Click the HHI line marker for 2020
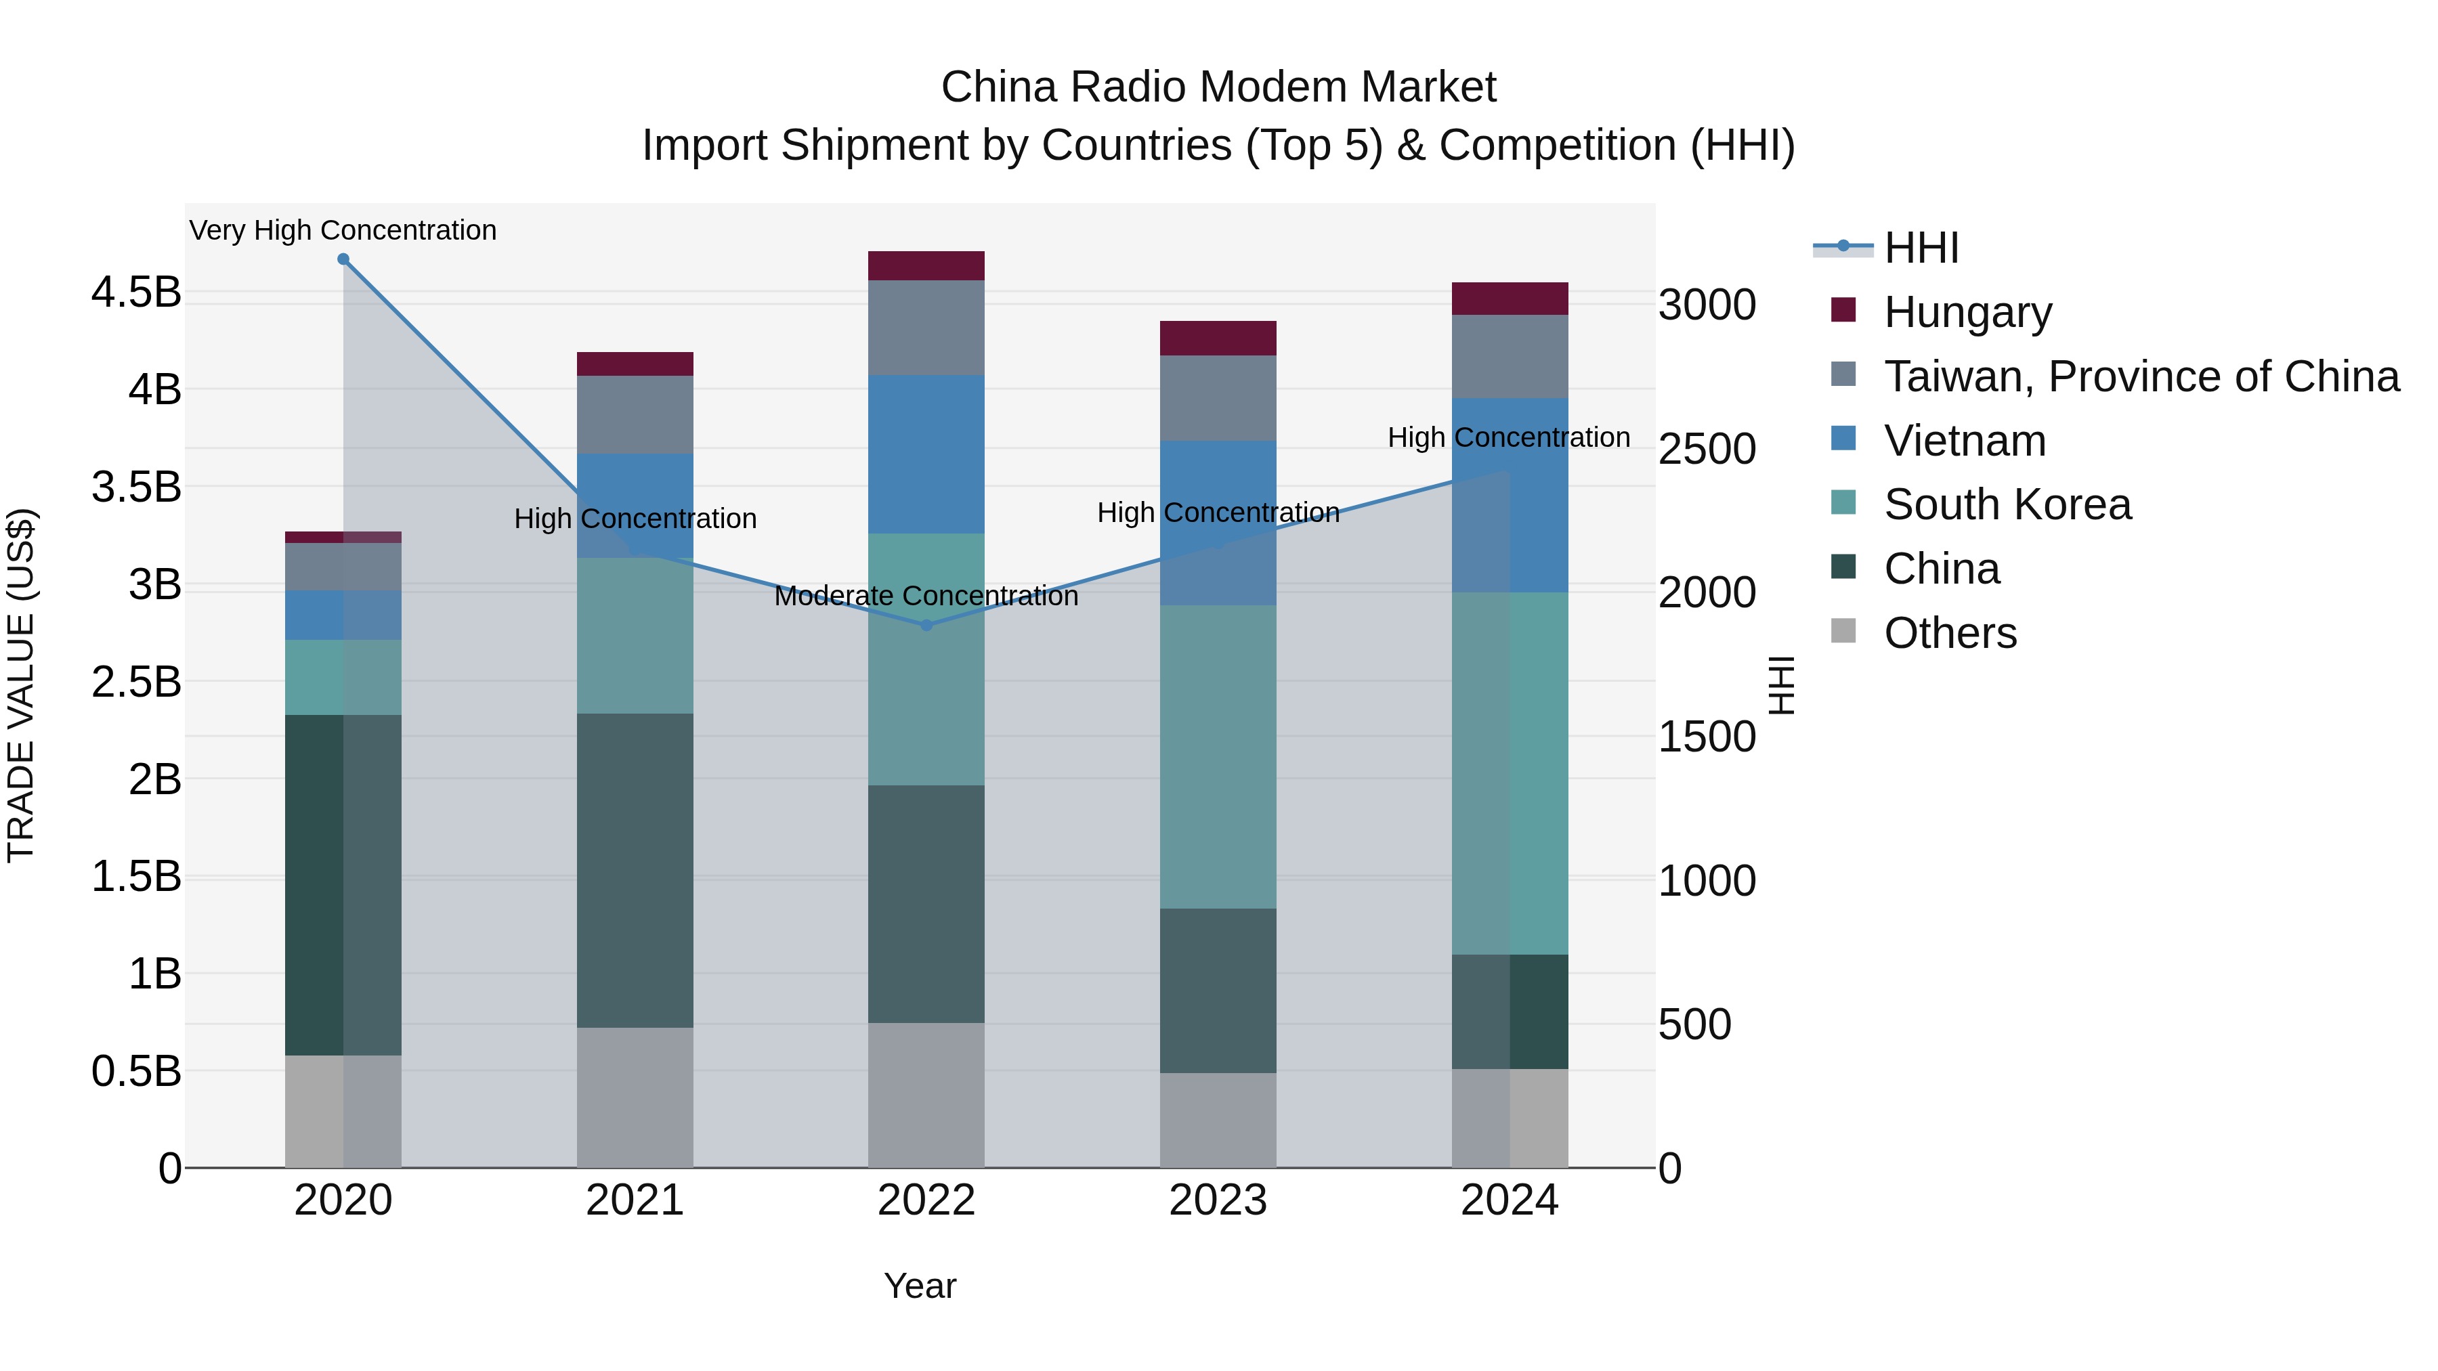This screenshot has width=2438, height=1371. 343,259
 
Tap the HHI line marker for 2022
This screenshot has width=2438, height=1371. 926,626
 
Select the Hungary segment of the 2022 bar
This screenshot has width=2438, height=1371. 926,266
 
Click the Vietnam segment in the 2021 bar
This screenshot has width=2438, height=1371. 635,505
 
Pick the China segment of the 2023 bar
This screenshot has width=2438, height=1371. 1218,991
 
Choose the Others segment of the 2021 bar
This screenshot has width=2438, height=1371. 635,1097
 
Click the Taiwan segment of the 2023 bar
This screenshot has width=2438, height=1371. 1218,398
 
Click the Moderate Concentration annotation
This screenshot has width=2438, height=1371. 926,596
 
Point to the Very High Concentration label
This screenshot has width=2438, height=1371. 343,230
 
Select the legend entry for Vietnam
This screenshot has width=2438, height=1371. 1965,441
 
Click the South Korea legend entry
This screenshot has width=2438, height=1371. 2007,504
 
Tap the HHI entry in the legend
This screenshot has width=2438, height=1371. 1921,248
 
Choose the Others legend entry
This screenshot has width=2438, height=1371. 1950,633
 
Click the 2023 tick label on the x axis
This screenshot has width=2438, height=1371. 1218,1200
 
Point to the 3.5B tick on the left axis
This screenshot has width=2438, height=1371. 136,487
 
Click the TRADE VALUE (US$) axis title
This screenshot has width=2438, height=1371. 21,685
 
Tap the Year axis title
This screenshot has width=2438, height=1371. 920,1286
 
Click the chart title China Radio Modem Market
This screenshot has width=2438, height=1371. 1218,87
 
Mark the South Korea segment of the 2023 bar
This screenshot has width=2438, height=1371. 1218,757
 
